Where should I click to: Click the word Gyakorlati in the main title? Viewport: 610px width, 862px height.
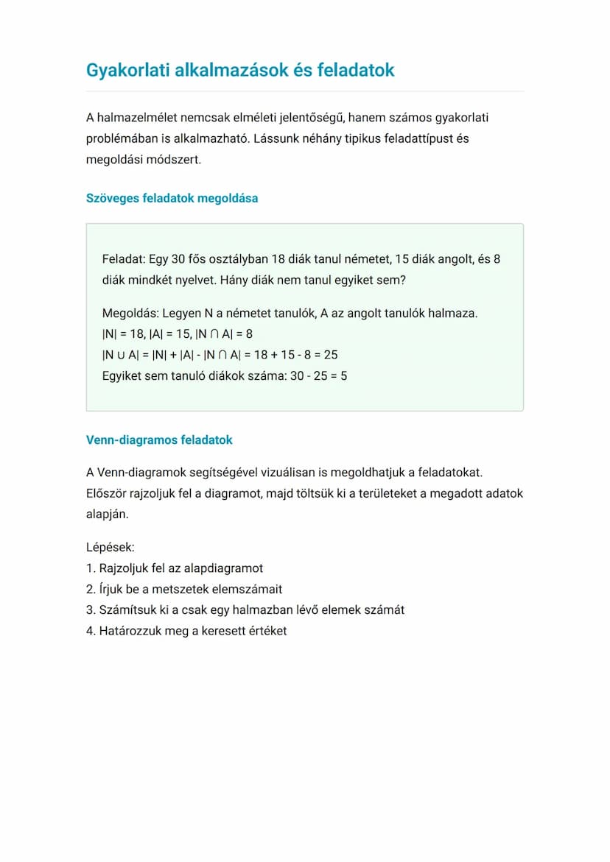126,70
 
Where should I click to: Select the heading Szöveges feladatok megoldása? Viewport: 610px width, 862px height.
172,198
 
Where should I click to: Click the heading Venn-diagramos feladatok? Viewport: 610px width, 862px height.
159,439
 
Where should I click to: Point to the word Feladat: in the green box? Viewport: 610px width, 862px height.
124,259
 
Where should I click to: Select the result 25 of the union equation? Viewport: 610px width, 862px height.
331,355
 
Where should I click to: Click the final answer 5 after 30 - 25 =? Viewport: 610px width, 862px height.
343,375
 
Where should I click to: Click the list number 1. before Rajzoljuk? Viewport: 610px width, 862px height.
91,568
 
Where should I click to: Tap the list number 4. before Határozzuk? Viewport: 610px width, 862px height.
91,631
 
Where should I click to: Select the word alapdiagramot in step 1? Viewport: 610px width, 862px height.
227,568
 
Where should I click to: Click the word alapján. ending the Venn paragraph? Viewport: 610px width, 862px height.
108,514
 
